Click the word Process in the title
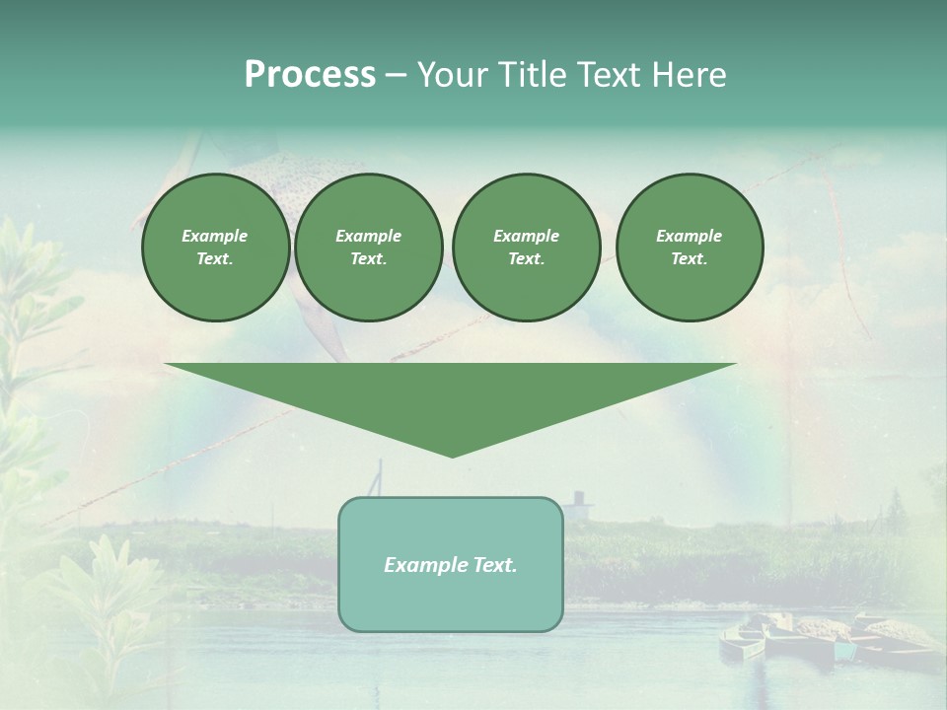coord(310,75)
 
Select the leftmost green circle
coord(215,248)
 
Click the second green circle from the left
coord(369,248)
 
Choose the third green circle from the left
coord(526,248)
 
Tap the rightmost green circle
coord(690,248)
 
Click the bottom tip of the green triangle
coord(452,455)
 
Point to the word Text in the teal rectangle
coord(494,565)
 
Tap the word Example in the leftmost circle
coord(215,236)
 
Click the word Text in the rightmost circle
coord(689,259)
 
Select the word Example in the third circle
coord(526,236)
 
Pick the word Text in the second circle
coord(368,259)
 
